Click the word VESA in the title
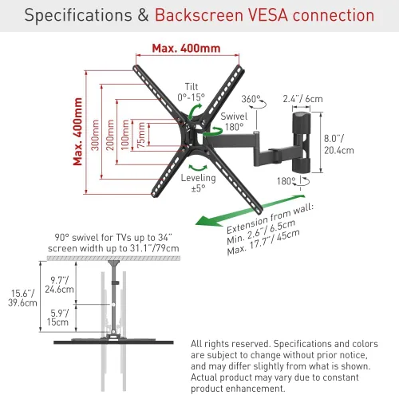coord(268,15)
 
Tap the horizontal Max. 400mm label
coord(186,49)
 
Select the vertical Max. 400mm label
coord(77,132)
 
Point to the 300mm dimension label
coord(95,135)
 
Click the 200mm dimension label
coord(110,135)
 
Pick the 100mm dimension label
coord(124,135)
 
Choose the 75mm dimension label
coord(140,135)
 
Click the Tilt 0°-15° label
coord(192,92)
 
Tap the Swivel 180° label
coord(234,121)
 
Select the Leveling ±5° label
coord(199,183)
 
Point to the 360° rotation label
coord(251,99)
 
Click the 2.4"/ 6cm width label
coord(302,99)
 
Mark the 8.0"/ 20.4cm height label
coord(339,144)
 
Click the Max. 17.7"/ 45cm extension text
coord(263,243)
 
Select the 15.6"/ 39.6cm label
coord(22,298)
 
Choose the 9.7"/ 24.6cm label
coord(59,285)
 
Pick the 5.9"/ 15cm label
coord(58,318)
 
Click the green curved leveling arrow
coord(198,168)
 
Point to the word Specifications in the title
coord(78,15)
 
